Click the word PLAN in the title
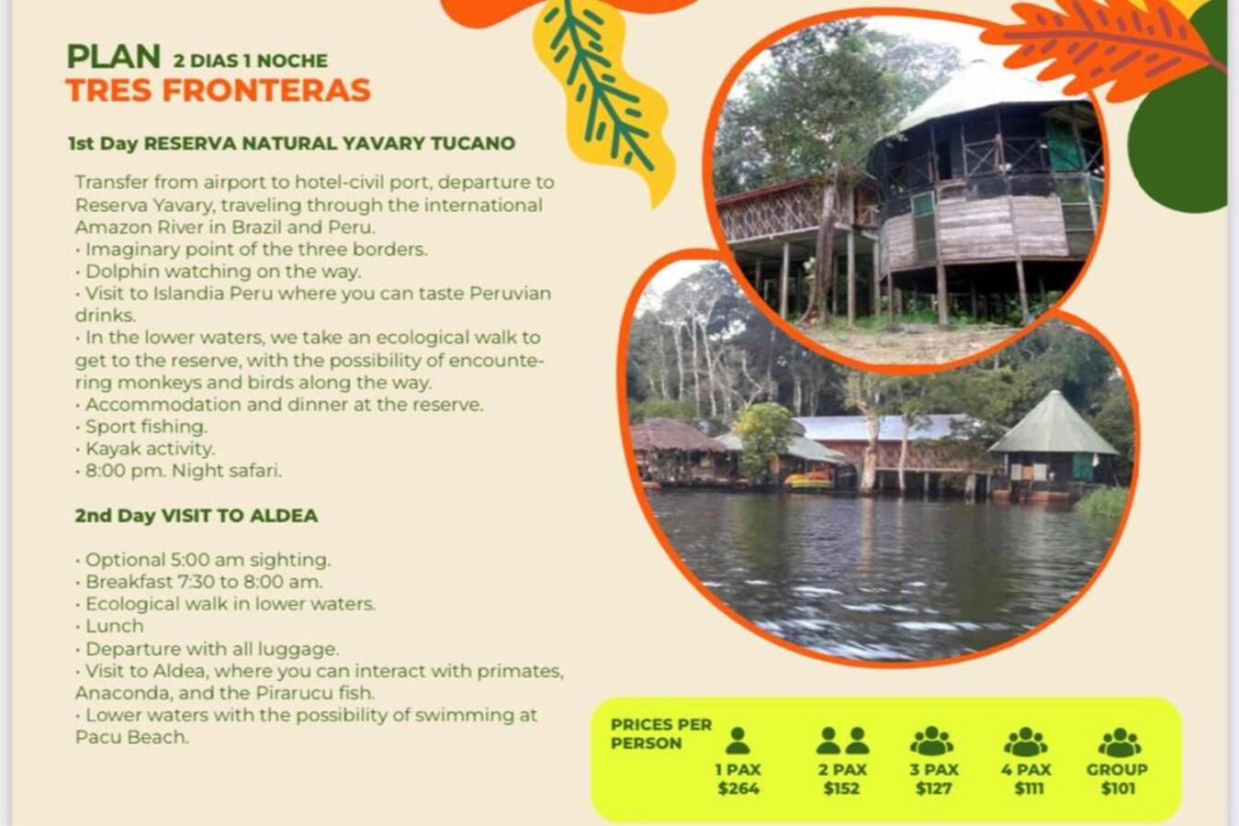coord(113,57)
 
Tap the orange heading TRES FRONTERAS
coord(218,91)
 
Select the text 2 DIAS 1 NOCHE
coord(251,61)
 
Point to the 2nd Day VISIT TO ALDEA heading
coord(197,516)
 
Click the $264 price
coord(738,788)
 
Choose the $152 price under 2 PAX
coord(841,788)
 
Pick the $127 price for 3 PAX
coord(933,788)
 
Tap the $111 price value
coord(1029,788)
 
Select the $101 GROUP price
coord(1118,788)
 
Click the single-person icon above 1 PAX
coord(738,741)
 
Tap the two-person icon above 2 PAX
coord(842,741)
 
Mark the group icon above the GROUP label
coord(1120,742)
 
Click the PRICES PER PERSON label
coord(661,733)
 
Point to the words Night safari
coord(226,471)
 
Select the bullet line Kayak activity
coord(145,449)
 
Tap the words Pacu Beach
coord(131,738)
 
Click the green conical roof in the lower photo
coord(1053,423)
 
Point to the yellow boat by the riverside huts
coord(808,479)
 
